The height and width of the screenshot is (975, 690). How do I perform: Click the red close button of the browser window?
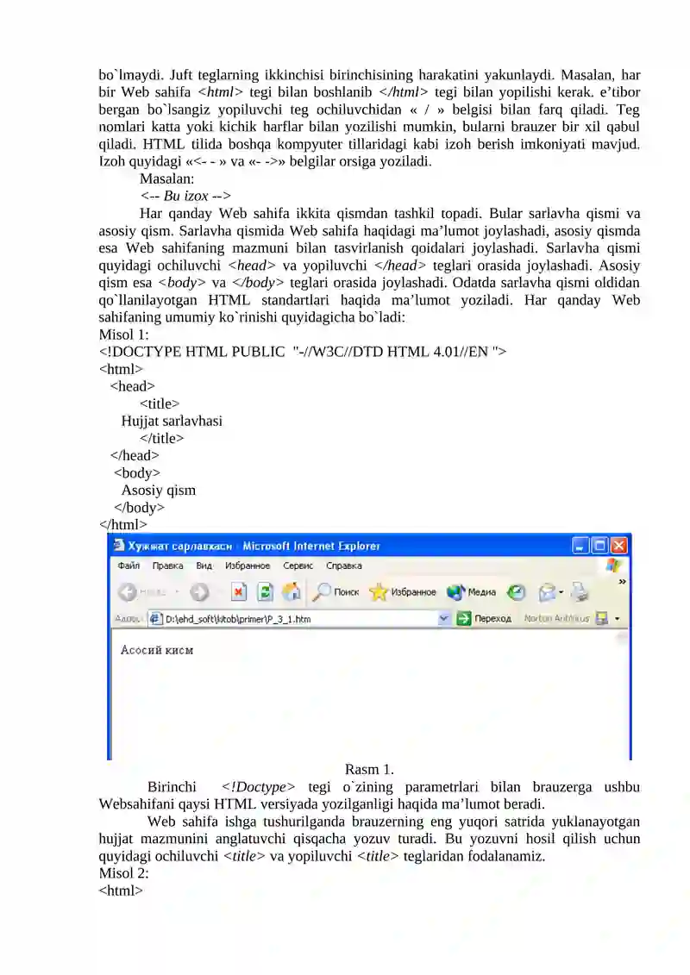point(620,546)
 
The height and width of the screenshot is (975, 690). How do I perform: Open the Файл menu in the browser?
point(129,566)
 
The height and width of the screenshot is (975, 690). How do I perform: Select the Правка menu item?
point(167,566)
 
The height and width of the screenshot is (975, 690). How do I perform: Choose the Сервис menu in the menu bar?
point(298,566)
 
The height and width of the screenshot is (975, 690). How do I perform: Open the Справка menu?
point(344,566)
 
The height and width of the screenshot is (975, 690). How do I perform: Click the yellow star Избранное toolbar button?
point(403,592)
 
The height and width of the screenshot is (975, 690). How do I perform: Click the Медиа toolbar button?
point(474,592)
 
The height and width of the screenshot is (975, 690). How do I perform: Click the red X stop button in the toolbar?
point(239,592)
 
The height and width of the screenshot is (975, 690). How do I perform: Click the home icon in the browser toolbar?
point(292,592)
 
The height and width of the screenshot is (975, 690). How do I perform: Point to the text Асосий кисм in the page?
point(156,650)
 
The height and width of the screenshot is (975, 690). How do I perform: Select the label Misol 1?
point(124,334)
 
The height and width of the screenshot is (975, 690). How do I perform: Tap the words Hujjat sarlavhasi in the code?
point(172,421)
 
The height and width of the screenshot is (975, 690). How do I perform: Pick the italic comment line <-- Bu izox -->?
point(185,196)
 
